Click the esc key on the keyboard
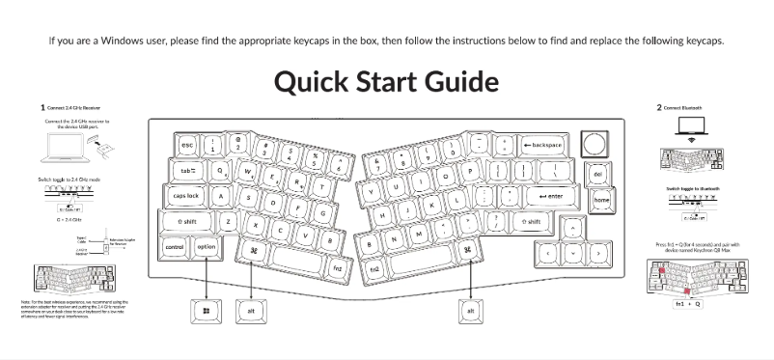187,146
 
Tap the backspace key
544,144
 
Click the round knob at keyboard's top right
595,143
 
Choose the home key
602,200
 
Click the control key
175,247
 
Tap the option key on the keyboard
207,247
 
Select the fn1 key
337,267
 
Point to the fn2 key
373,267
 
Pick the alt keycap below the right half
471,311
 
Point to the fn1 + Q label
689,303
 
